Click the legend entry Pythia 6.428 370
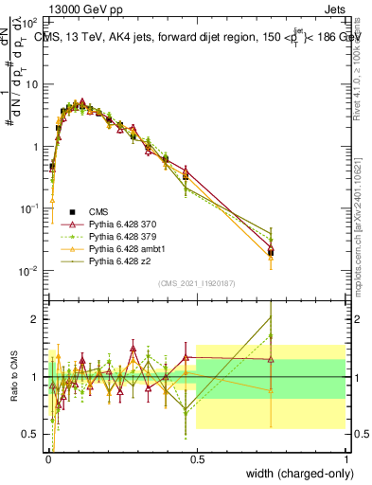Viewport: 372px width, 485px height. pos(115,224)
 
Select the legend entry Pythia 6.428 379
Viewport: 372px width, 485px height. pos(115,236)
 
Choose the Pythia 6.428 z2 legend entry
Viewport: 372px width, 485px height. pos(113,260)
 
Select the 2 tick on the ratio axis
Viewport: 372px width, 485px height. pos(35,319)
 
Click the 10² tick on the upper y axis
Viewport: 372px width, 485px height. pos(31,20)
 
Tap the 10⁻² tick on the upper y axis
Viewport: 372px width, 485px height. pos(31,271)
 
